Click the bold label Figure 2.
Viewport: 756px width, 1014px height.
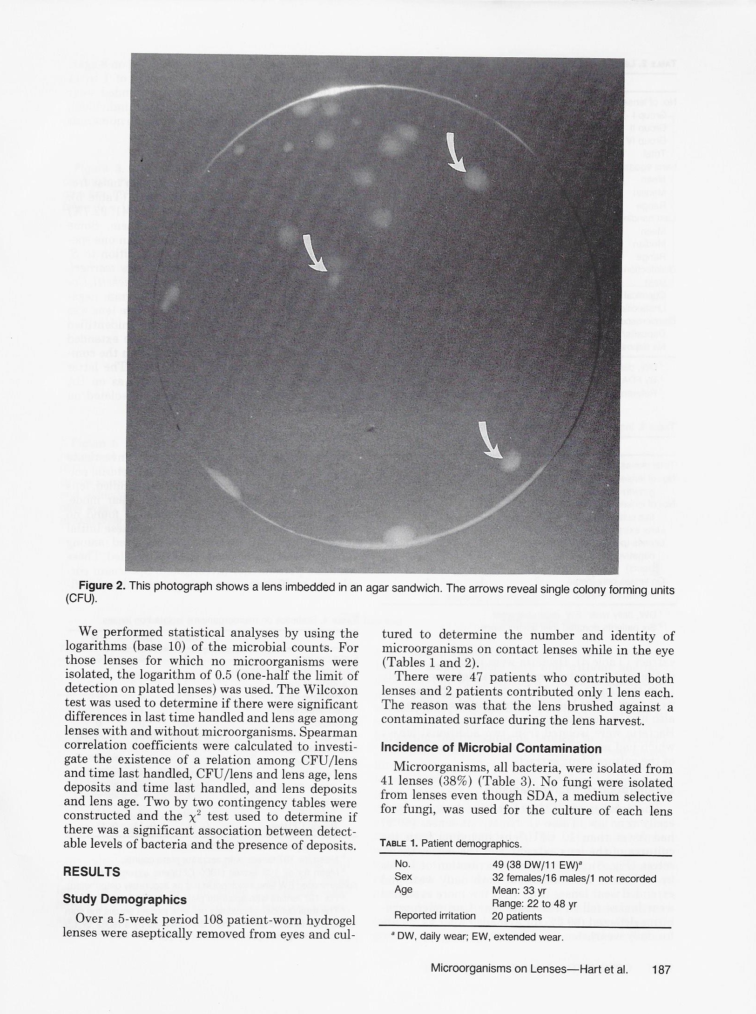click(102, 586)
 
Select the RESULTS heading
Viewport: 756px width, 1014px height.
click(91, 872)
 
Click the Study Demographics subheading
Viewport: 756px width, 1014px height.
click(125, 899)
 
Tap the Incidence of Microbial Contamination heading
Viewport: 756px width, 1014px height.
click(491, 749)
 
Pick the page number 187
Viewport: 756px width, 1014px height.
click(661, 970)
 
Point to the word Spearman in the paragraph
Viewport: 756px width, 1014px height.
click(328, 732)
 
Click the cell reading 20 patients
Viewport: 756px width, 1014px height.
click(517, 917)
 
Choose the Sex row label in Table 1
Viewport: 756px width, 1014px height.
click(403, 877)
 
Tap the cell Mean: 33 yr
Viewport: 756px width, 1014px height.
click(519, 891)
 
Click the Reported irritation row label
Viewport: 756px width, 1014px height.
click(435, 916)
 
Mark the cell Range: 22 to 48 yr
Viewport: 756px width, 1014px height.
click(534, 904)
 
